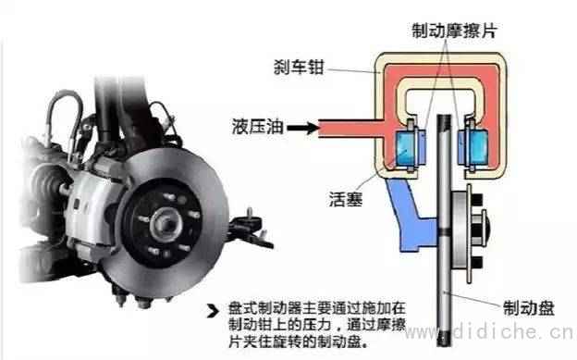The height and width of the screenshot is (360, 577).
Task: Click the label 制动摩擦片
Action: [454, 31]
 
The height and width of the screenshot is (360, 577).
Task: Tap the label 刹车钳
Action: [299, 67]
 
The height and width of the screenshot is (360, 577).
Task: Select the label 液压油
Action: [258, 127]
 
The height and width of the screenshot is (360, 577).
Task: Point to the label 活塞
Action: [346, 199]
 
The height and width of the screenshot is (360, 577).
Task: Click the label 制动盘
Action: [528, 308]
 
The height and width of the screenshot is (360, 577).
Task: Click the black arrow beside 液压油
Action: [303, 128]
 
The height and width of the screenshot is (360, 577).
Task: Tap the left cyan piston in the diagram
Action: [404, 149]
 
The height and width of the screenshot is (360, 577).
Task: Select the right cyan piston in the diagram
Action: [478, 148]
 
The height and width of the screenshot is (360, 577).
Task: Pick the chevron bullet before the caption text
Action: [213, 311]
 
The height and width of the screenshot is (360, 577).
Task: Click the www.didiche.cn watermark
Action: [489, 331]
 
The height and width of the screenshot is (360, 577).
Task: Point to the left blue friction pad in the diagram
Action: [421, 146]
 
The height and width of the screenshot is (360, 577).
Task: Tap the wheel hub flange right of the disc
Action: [469, 233]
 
